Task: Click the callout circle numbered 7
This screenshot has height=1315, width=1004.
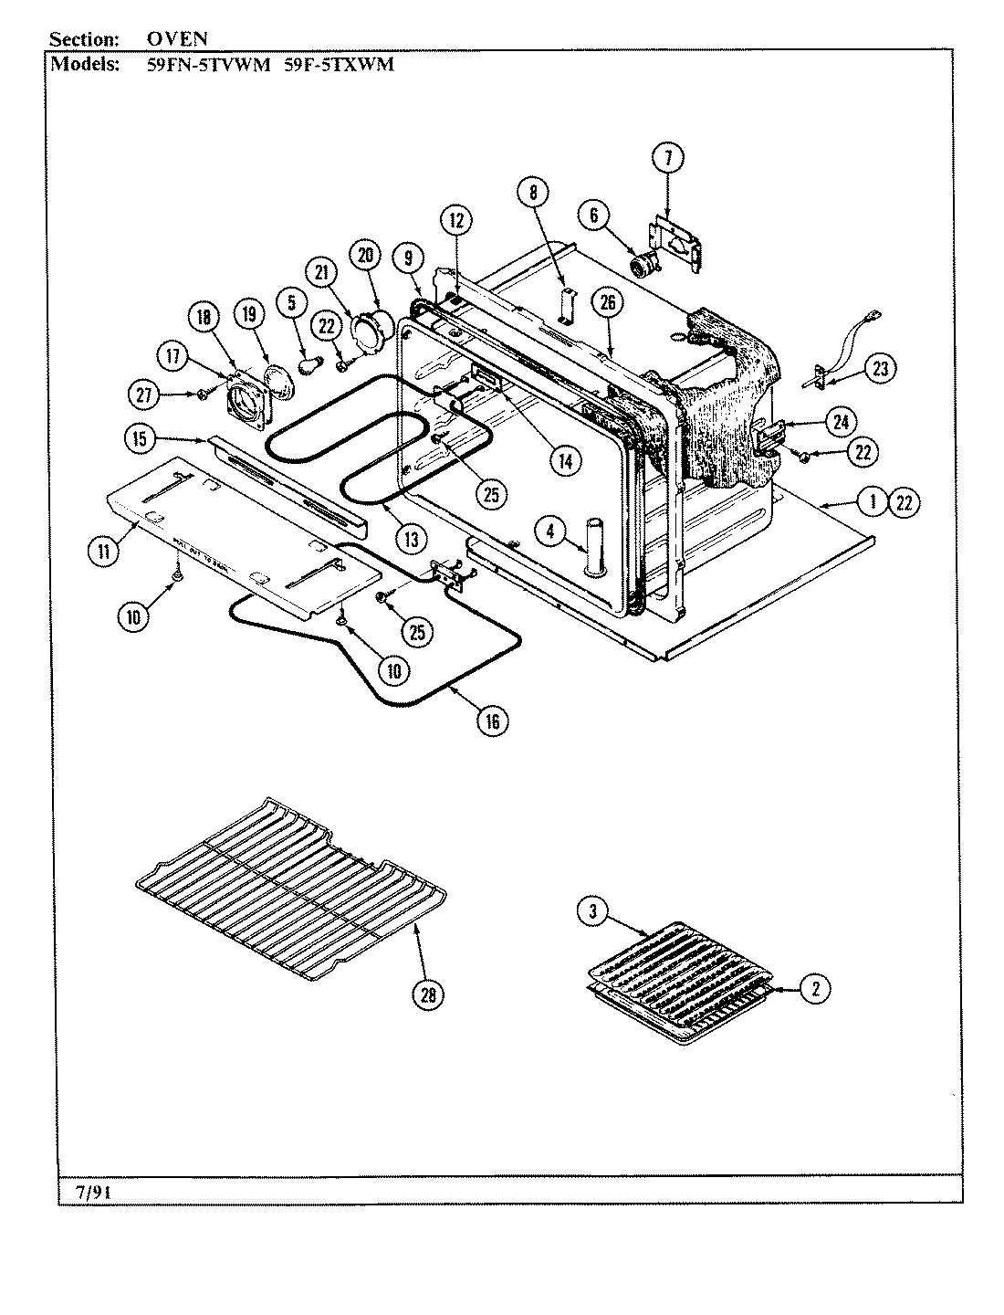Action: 668,158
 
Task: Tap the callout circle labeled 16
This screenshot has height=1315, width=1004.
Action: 492,721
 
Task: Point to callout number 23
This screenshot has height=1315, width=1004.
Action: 879,369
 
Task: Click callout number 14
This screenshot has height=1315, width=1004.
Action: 565,461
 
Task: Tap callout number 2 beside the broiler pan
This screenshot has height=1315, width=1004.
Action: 815,987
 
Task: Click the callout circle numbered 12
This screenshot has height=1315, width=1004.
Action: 456,219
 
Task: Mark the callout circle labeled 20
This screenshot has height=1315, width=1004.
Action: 365,257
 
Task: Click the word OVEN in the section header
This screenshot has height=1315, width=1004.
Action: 177,39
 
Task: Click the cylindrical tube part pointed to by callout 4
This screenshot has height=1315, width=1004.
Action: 595,548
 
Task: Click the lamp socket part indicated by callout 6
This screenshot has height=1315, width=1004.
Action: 648,265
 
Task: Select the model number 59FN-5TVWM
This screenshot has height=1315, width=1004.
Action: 208,65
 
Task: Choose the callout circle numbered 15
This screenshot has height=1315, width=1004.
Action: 138,438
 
